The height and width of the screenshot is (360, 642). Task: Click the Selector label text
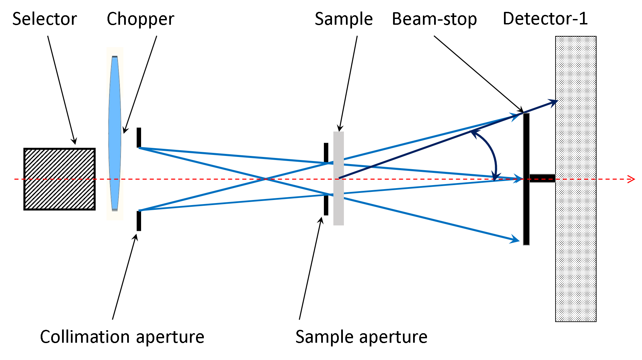(44, 19)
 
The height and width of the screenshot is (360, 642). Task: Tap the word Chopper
(140, 19)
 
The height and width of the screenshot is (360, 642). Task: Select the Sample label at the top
(344, 19)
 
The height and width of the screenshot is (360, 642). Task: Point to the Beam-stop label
(434, 19)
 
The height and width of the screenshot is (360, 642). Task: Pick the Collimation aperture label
(122, 337)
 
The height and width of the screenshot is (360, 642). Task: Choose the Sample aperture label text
(361, 337)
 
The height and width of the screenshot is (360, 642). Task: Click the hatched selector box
(59, 179)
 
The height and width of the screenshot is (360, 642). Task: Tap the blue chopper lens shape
(115, 134)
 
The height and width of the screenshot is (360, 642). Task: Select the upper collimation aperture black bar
(139, 137)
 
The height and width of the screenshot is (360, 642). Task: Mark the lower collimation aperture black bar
(139, 221)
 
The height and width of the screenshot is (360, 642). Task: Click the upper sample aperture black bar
(326, 153)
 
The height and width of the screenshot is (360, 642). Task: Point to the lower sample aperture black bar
(326, 205)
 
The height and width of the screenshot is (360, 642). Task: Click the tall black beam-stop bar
(526, 210)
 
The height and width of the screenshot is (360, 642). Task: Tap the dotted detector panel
(576, 237)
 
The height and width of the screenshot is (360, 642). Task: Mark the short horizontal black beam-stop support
(542, 178)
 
